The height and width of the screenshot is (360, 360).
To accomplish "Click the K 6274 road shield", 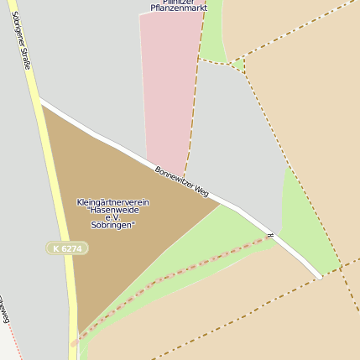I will point(67,249).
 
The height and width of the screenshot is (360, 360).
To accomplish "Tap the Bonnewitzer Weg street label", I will point(181,180).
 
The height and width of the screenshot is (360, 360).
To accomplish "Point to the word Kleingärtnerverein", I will point(112,202).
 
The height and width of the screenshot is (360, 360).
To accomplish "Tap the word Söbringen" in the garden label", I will point(112,225).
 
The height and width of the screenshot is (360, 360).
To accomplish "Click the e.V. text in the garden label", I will point(112,217).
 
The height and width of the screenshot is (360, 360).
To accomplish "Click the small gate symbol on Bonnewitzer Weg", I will point(269,236).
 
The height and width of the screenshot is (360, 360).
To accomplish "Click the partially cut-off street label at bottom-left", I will point(4,310).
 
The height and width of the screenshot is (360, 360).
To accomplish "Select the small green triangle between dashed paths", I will point(238,65).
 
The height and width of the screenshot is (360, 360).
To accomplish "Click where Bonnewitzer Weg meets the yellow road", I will point(40,102).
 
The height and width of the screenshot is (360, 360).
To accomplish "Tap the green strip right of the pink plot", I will point(214,34).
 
